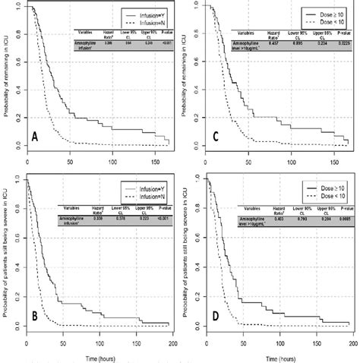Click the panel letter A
(x=34, y=139)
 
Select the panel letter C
(x=214, y=139)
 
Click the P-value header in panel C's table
(x=343, y=35)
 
